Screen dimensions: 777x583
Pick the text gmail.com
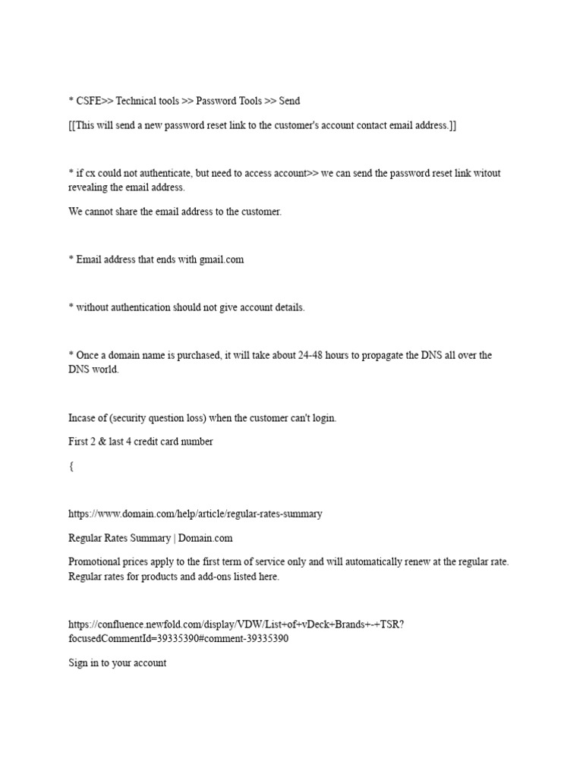(x=222, y=260)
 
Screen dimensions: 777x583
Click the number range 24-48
(x=302, y=356)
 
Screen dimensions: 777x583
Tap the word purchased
(x=194, y=356)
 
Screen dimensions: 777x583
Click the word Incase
(x=84, y=418)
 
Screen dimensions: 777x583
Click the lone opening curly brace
(x=71, y=467)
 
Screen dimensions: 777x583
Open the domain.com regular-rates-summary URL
(x=195, y=514)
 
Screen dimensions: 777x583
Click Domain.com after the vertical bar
(x=206, y=538)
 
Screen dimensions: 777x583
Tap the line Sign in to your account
(x=118, y=663)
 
